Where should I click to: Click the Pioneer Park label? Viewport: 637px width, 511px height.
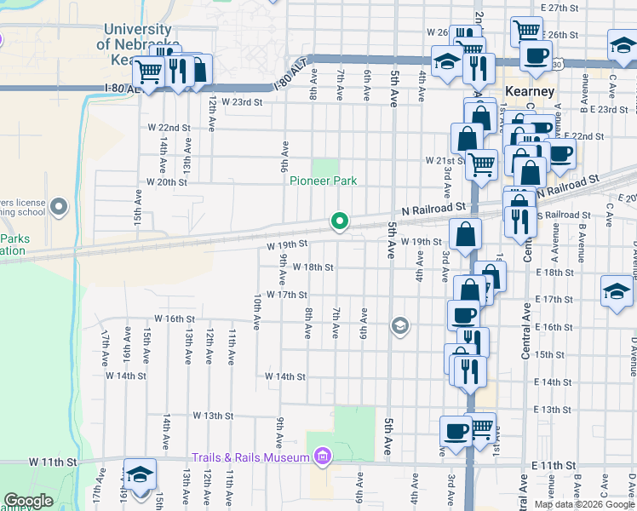(323, 181)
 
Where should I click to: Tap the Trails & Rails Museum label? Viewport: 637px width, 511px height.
(250, 457)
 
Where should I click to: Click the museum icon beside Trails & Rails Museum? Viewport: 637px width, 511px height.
(322, 458)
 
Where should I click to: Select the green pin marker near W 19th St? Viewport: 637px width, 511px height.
(340, 222)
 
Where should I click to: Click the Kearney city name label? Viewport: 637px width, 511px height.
(530, 91)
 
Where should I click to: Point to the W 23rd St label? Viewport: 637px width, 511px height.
(242, 101)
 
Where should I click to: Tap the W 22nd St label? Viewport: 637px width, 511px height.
(168, 128)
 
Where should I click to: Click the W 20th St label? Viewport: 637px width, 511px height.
(166, 181)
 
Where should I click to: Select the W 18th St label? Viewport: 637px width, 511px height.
(313, 267)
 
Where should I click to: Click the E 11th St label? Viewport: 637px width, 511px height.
(554, 466)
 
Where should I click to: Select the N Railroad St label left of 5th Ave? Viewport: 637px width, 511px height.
(433, 206)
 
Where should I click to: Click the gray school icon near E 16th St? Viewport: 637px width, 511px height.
(399, 325)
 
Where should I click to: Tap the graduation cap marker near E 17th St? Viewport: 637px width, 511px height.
(617, 291)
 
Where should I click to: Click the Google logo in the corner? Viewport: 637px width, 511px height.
(28, 501)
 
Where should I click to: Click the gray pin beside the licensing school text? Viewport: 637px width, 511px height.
(59, 206)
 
